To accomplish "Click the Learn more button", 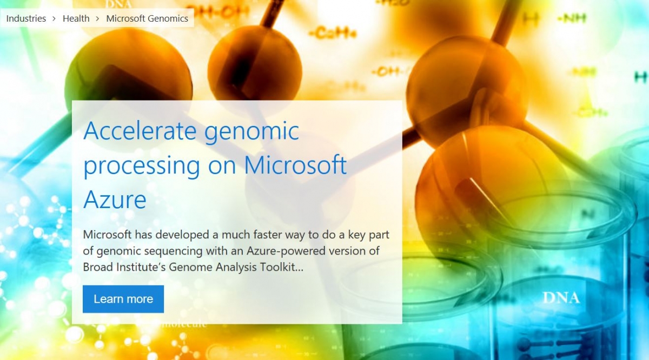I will (x=123, y=299).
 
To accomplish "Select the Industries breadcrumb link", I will (x=26, y=18).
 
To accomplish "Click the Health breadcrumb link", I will (x=76, y=18).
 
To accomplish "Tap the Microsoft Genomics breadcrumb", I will (x=147, y=18).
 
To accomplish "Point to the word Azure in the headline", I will (x=115, y=199).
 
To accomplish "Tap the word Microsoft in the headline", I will (x=295, y=165).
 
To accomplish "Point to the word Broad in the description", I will (x=97, y=266).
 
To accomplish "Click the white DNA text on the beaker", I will (x=561, y=297).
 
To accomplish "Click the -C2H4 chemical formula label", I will (x=333, y=35).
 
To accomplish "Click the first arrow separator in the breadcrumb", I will (x=54, y=18).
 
